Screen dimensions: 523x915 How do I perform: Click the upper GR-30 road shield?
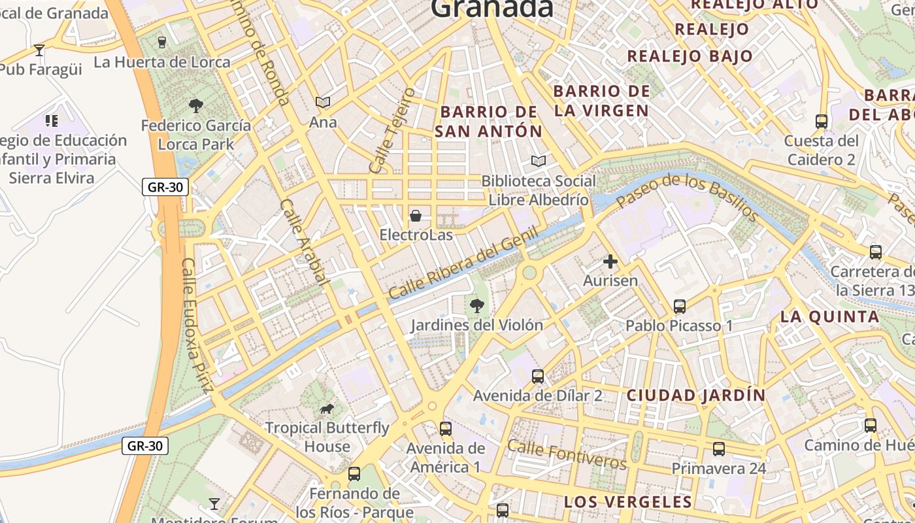pos(165,187)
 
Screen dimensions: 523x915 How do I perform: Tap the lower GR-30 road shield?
pos(145,446)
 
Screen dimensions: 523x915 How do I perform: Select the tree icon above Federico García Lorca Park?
pos(195,105)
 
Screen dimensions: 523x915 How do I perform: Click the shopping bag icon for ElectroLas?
pos(416,216)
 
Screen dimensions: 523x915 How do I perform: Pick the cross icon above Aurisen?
pos(610,261)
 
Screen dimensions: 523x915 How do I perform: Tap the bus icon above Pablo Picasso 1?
pos(680,306)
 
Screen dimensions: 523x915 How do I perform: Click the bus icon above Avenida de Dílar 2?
pos(538,376)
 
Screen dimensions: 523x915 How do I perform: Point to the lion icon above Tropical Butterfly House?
pos(327,409)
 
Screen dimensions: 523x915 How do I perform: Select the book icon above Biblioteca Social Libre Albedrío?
pos(538,161)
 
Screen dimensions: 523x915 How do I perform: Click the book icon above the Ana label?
pos(323,102)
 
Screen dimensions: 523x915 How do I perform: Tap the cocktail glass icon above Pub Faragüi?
pos(39,50)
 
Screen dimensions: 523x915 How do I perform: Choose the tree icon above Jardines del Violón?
pos(477,305)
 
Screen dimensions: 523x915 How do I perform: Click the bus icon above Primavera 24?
pos(719,449)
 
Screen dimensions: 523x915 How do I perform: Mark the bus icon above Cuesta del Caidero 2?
pos(822,121)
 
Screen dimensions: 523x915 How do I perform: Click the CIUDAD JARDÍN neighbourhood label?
pos(696,396)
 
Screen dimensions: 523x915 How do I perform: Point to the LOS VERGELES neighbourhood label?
pos(627,502)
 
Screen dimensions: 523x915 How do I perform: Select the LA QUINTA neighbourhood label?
pos(829,317)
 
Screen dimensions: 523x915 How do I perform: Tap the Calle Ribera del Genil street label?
pos(463,263)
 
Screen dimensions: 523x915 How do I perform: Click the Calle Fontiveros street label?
pos(567,454)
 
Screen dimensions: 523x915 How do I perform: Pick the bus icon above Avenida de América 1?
pos(446,429)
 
